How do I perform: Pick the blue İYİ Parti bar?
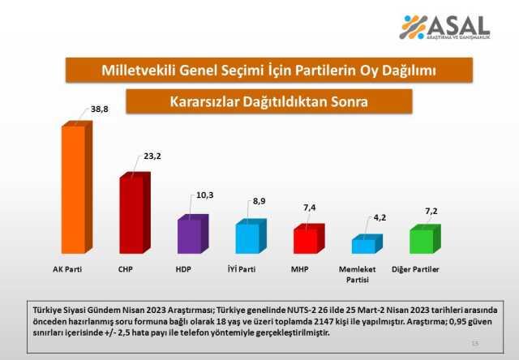(247, 238)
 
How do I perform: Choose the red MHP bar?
(304, 241)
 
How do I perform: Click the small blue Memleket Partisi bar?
(362, 245)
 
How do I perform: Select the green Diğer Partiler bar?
(420, 241)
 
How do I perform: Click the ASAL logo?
(444, 28)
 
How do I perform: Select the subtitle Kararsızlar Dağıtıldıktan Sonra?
(269, 102)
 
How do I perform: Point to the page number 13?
(474, 345)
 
